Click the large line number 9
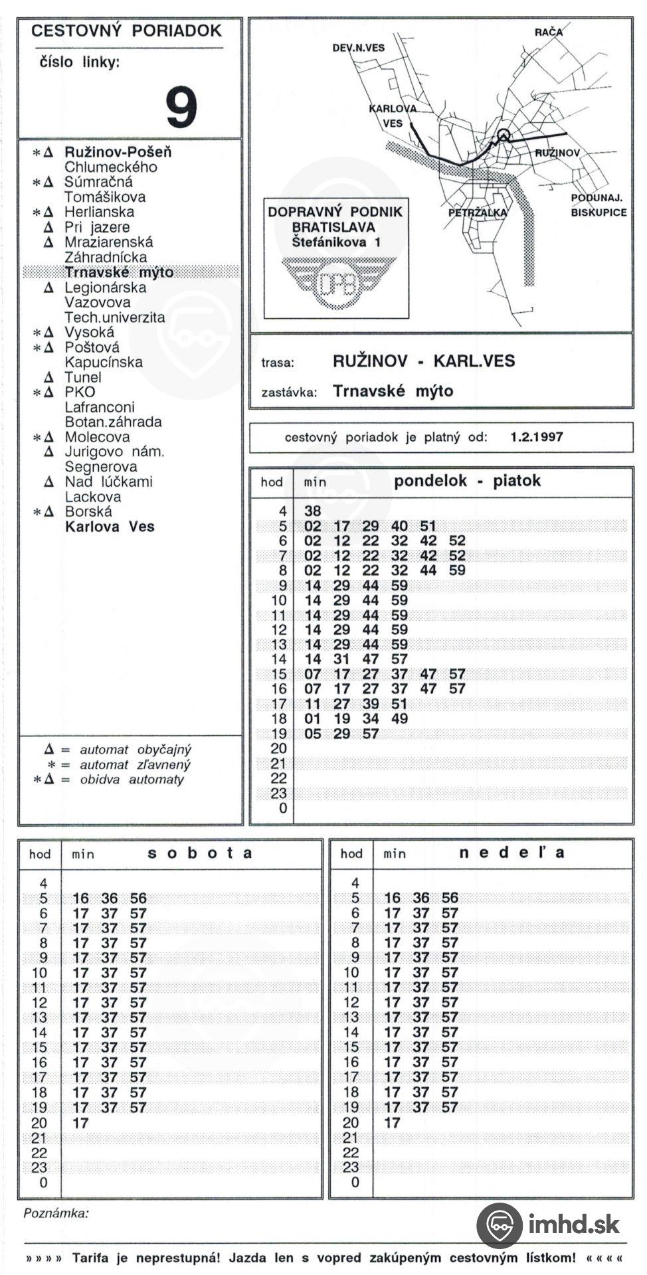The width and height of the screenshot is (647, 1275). [181, 108]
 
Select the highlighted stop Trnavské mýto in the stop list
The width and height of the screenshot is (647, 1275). [119, 272]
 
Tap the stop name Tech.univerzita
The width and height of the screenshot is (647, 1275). [114, 317]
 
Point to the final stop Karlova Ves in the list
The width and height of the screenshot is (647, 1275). [110, 527]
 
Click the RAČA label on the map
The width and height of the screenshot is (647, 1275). [548, 32]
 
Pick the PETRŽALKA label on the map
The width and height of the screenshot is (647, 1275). [478, 213]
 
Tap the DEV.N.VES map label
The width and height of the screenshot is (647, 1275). [359, 48]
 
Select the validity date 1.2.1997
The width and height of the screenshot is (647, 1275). [537, 437]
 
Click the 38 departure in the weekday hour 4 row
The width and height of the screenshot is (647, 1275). [312, 511]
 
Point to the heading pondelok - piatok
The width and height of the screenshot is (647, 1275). [467, 481]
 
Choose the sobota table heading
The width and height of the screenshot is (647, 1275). [200, 853]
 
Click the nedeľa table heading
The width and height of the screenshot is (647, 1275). [511, 853]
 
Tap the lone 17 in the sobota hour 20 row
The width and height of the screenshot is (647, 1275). [80, 1123]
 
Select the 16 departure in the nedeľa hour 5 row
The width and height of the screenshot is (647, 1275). [392, 898]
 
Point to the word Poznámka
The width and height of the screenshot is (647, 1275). [56, 1214]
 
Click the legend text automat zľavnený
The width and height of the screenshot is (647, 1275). [135, 765]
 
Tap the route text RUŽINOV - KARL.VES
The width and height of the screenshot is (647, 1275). [424, 361]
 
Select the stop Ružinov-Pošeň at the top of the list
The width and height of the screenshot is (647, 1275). [118, 152]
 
